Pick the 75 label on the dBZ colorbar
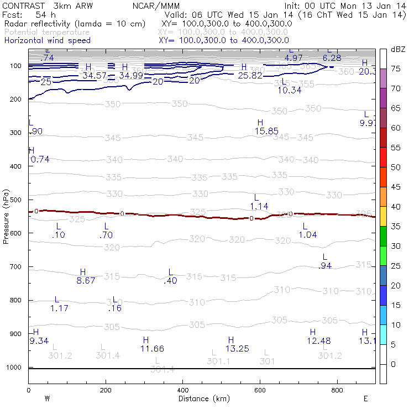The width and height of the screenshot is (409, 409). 396,69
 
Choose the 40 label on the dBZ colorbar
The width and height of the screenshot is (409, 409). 396,207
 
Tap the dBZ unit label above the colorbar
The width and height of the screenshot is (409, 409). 398,49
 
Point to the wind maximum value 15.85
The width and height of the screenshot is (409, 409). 266,131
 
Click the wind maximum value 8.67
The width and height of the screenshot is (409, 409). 86,281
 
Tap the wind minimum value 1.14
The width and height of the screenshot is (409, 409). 259,206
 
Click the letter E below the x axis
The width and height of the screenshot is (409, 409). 365,398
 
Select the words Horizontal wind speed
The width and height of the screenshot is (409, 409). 47,40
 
